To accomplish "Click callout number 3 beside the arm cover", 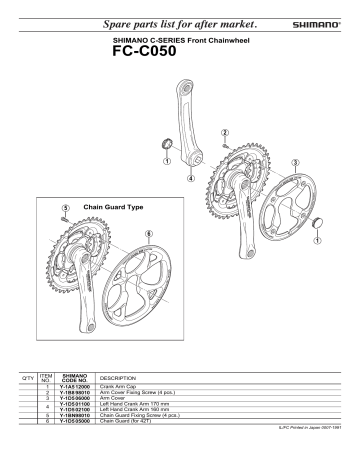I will [296, 162].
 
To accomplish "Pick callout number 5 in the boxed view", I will [65, 209].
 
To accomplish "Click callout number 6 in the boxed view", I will [149, 233].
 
